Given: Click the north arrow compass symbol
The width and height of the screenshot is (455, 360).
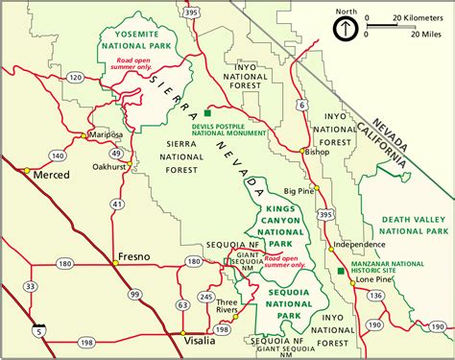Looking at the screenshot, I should [342, 28].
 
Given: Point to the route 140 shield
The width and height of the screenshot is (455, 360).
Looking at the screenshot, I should [59, 154].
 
